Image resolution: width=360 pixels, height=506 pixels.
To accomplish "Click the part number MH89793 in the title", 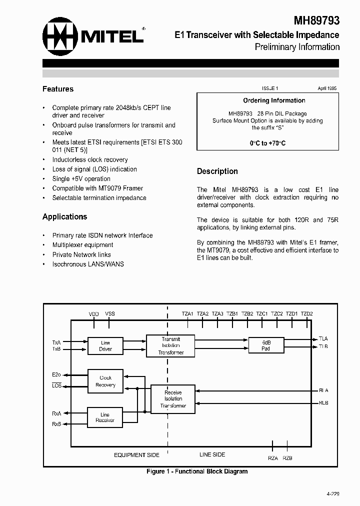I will (x=316, y=20).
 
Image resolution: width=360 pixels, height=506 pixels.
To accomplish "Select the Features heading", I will (x=58, y=89).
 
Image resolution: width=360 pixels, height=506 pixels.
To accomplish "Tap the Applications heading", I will (x=64, y=216).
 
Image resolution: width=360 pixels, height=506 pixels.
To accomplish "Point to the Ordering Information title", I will (x=274, y=100).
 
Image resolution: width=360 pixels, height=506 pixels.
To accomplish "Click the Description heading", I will (x=217, y=171).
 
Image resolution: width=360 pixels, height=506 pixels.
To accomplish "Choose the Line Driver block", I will (x=105, y=346).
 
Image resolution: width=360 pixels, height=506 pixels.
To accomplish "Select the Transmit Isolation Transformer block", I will (x=171, y=345).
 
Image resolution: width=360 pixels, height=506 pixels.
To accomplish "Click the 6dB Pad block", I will (x=266, y=345).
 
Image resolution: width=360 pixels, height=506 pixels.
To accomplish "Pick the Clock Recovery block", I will (x=105, y=381).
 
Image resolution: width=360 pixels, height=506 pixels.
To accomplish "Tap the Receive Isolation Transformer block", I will (x=173, y=399).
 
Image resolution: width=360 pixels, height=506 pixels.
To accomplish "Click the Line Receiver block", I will (x=105, y=417).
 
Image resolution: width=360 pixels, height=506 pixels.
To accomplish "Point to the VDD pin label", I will (x=94, y=314).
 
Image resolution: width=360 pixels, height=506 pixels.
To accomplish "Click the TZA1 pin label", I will (x=187, y=314).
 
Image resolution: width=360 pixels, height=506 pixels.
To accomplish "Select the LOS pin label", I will (x=56, y=385).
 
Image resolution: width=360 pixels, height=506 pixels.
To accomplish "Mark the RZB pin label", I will (x=287, y=458).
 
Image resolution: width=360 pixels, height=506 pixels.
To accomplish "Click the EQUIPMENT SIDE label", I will (x=136, y=455).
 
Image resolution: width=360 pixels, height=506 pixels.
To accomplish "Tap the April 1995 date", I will (x=327, y=88).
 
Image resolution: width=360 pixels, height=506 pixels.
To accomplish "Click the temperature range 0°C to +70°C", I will (x=267, y=143).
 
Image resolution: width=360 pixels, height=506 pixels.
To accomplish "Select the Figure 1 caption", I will (x=197, y=471).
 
